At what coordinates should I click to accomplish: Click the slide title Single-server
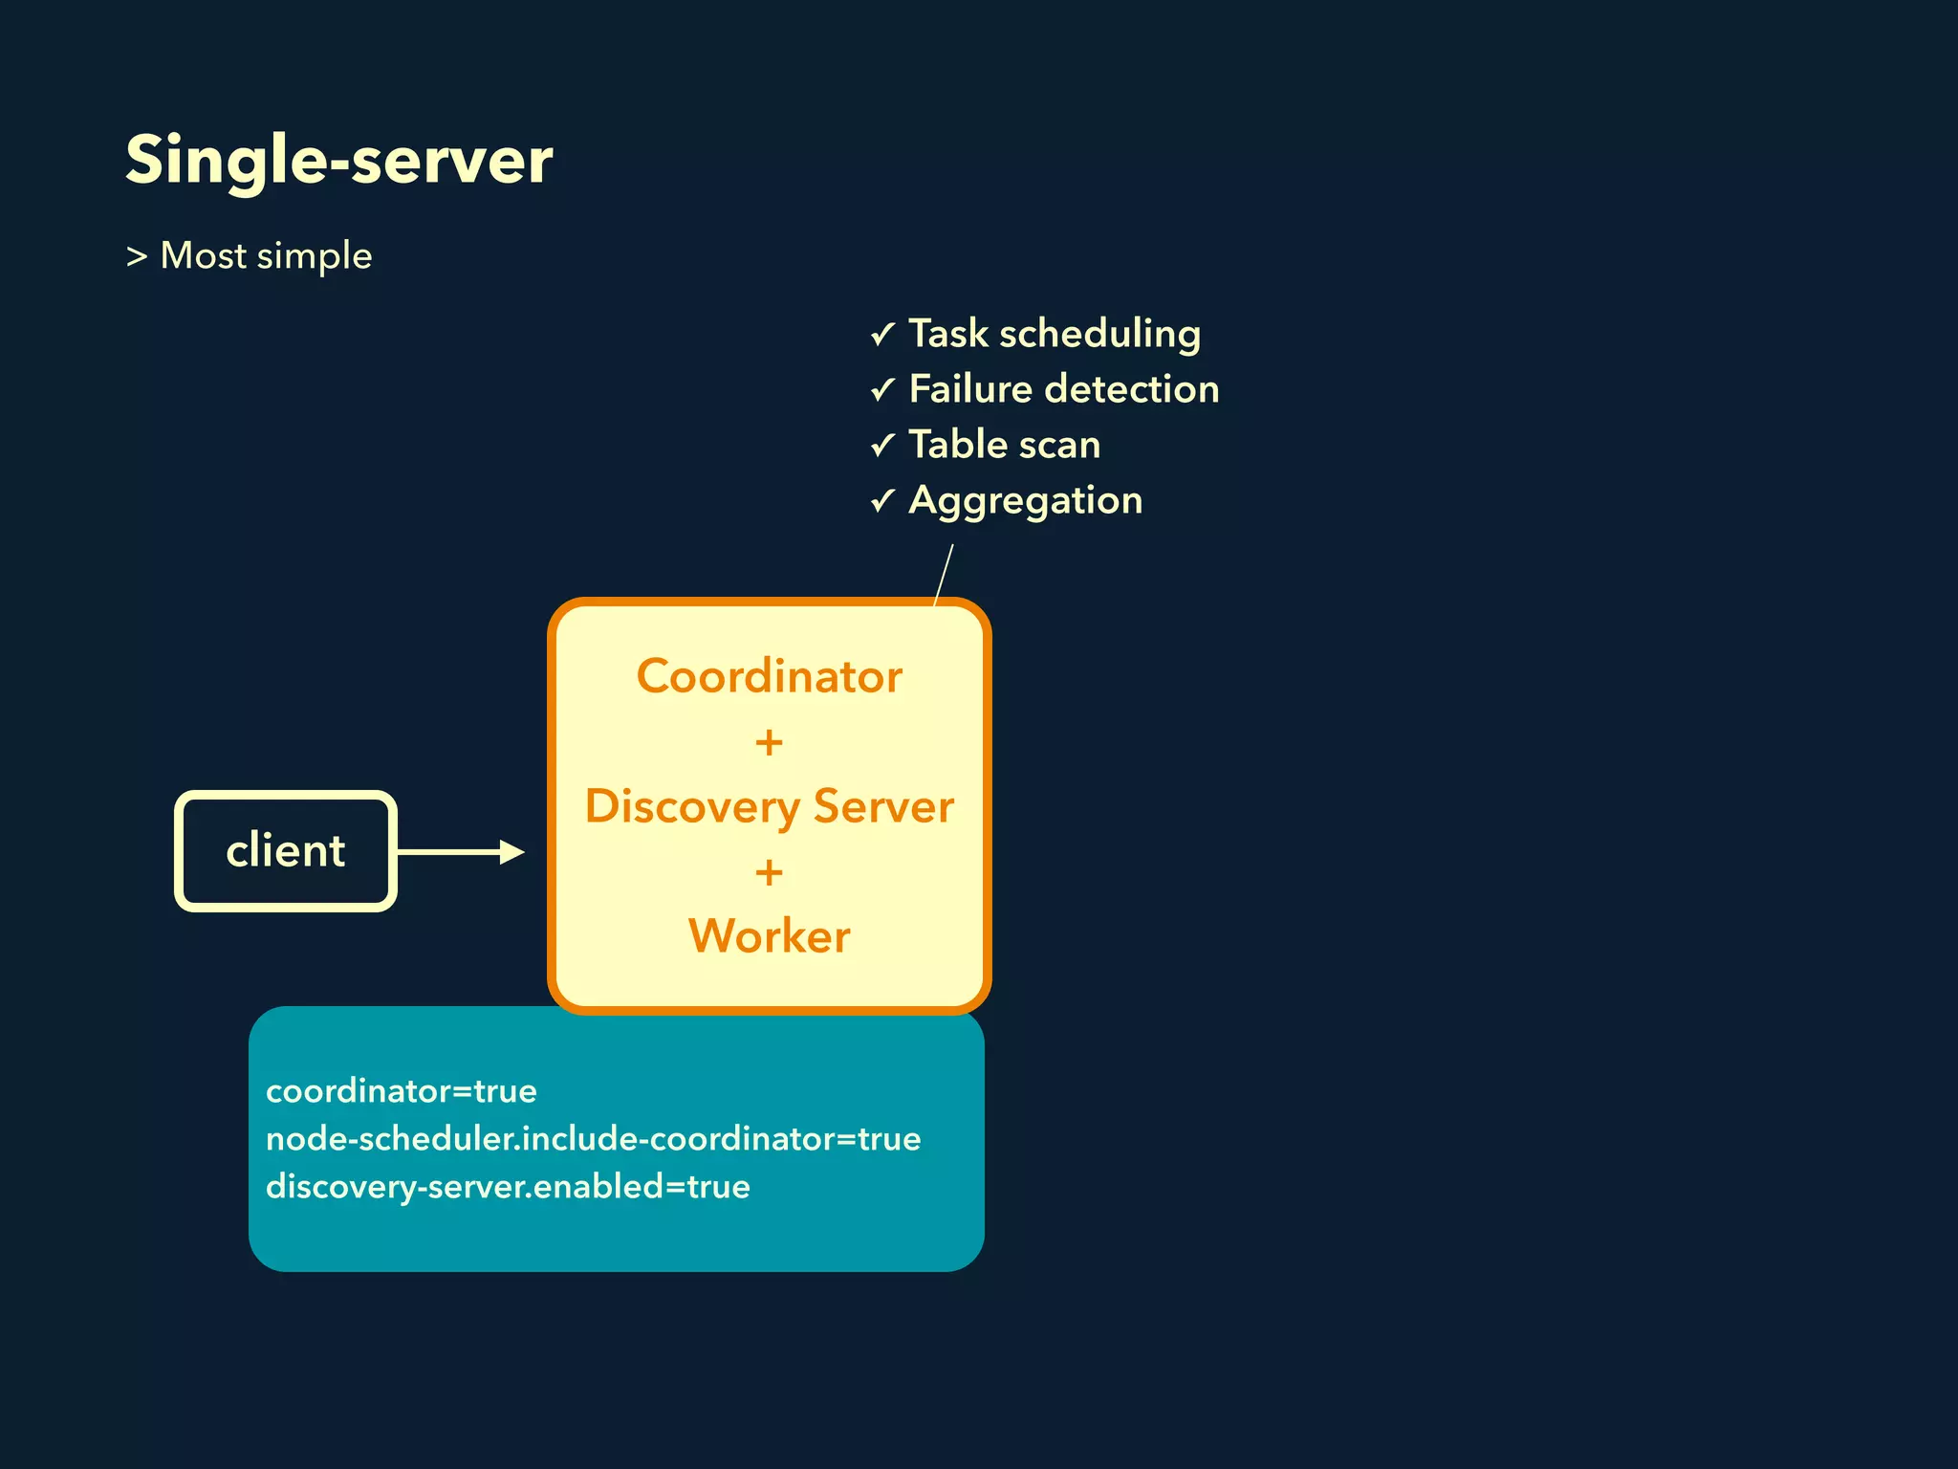(338, 161)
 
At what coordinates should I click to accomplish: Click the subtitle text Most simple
(266, 256)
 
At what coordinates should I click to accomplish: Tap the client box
(285, 850)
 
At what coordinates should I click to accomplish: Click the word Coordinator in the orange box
(769, 676)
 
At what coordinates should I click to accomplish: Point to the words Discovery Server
(769, 806)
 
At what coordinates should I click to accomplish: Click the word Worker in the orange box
(769, 935)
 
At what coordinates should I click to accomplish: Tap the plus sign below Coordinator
(769, 742)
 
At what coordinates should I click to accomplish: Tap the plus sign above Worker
(769, 872)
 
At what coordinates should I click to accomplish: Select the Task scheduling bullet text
(1054, 334)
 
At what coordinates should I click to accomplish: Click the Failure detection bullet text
(1063, 389)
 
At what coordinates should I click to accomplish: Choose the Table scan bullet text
(1004, 445)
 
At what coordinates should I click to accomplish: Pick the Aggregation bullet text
(1025, 500)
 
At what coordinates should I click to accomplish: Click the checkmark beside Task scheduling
(882, 334)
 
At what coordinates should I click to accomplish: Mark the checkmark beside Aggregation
(882, 500)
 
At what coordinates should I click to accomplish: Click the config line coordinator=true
(402, 1091)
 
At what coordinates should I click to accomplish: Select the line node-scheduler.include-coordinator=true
(593, 1139)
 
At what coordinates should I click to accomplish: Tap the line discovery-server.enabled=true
(508, 1187)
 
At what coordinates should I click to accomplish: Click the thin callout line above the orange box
(944, 574)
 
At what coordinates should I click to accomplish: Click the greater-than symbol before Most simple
(137, 256)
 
